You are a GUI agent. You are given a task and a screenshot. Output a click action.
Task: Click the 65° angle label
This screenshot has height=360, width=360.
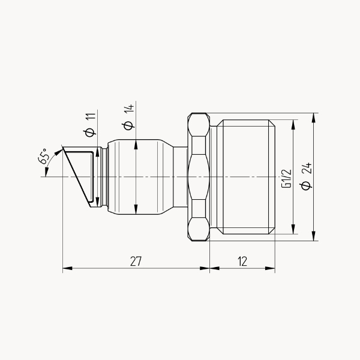point(44,156)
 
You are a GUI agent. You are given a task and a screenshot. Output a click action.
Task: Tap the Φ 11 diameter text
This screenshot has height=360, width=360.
point(90,125)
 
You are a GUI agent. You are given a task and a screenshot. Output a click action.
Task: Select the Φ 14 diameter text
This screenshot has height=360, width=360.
point(128,117)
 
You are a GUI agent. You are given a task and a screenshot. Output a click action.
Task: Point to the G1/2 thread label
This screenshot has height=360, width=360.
point(287,179)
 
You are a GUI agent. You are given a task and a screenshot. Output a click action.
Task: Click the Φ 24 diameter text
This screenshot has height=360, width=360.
point(307,176)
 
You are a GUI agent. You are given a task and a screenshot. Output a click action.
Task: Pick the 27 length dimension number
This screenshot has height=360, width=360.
point(136,261)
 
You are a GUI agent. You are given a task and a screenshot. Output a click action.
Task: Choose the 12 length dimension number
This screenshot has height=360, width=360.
point(242,261)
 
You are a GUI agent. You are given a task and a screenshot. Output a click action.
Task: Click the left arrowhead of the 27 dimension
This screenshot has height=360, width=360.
point(67,268)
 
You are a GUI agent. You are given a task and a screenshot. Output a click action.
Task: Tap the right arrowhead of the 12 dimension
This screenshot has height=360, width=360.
point(270,268)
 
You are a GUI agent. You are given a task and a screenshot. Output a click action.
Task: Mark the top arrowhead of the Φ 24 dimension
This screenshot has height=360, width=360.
point(314,118)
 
